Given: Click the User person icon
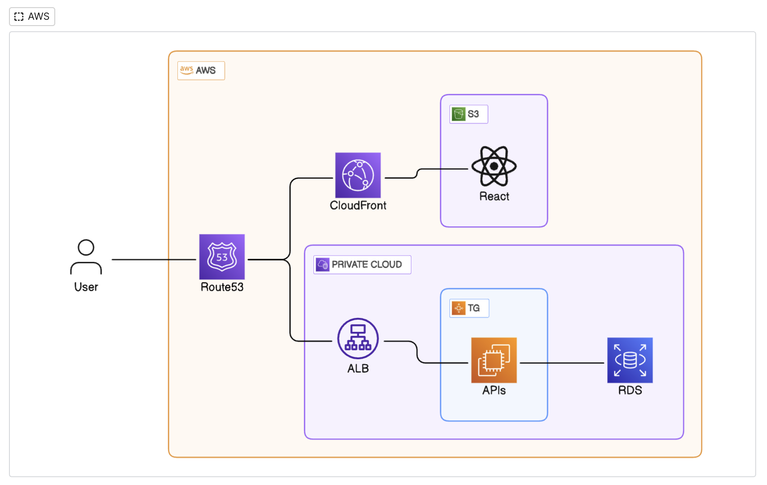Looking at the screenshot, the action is pyautogui.click(x=86, y=257).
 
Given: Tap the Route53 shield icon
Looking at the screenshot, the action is pyautogui.click(x=222, y=257).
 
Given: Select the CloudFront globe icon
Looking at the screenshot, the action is pyautogui.click(x=358, y=175).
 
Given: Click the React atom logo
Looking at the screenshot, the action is pyautogui.click(x=494, y=166).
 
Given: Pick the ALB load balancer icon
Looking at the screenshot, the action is pyautogui.click(x=358, y=339).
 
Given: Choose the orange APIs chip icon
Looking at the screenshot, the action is pyautogui.click(x=494, y=360).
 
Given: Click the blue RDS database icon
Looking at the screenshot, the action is pyautogui.click(x=630, y=360).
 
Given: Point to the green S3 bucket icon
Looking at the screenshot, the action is pyautogui.click(x=458, y=114).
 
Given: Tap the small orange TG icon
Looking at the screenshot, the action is pyautogui.click(x=458, y=308).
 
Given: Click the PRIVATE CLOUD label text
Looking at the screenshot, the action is pyautogui.click(x=367, y=265).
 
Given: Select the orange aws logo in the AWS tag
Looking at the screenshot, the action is pyautogui.click(x=187, y=70).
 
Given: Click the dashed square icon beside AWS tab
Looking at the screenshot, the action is pyautogui.click(x=19, y=17).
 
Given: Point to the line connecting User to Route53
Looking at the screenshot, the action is pyautogui.click(x=154, y=260).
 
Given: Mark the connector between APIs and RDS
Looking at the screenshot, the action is pyautogui.click(x=562, y=363).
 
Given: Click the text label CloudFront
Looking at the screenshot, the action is pyautogui.click(x=358, y=205).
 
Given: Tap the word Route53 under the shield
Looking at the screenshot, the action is pyautogui.click(x=222, y=287).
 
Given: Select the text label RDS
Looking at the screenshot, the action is pyautogui.click(x=630, y=390).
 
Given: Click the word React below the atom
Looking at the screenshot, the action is pyautogui.click(x=494, y=196).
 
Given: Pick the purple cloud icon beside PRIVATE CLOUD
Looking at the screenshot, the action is pyautogui.click(x=322, y=265).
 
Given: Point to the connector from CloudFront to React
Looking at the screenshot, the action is pyautogui.click(x=417, y=173).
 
